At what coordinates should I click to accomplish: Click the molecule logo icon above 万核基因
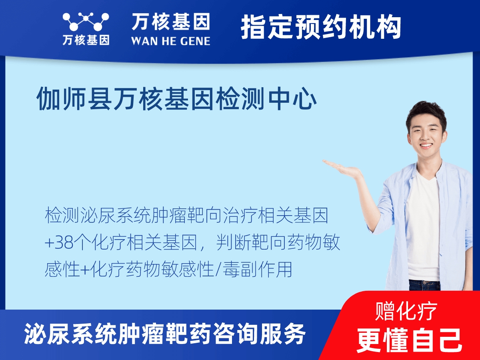point(86,22)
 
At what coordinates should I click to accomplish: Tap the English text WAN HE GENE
point(170,41)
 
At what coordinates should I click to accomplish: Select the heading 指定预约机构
point(321,28)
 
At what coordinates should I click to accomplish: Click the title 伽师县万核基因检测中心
point(177,99)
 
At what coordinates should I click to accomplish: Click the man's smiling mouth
point(426,146)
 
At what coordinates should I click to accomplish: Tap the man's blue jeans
point(424,285)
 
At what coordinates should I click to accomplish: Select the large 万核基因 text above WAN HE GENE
point(170,22)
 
